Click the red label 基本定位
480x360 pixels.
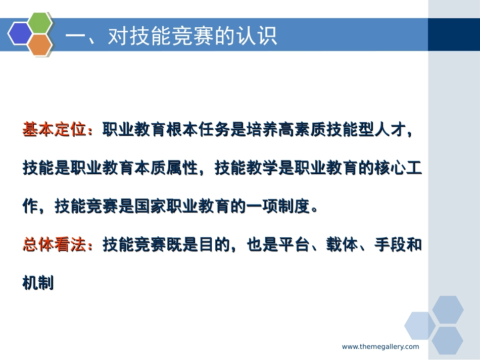tap(55, 130)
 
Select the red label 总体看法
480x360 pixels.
tap(55, 245)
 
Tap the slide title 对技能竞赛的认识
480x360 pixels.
tap(172, 36)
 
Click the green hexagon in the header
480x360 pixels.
tap(40, 23)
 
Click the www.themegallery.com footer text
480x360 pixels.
tap(380, 346)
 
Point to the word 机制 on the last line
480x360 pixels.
tap(38, 283)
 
